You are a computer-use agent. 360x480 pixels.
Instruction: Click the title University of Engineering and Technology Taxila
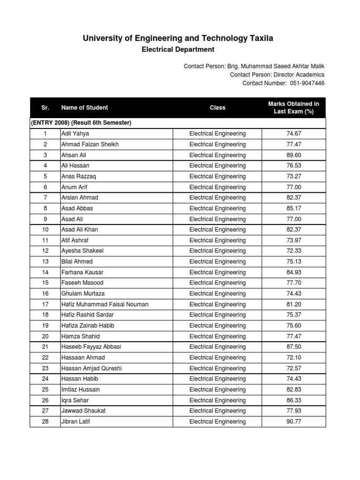178,38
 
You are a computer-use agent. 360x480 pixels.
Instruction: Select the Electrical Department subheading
178,50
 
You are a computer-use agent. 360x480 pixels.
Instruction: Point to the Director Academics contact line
277,75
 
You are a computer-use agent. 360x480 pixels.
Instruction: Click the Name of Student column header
84,108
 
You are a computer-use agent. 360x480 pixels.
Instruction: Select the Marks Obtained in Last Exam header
293,108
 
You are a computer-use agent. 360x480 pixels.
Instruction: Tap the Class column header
217,108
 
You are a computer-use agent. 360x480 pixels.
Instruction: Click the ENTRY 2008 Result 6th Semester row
81,123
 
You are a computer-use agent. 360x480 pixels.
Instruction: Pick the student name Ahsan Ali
74,155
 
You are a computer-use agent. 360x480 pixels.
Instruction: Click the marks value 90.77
293,422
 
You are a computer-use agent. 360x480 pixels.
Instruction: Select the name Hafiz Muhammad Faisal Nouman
105,304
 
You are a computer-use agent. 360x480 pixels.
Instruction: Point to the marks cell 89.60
293,155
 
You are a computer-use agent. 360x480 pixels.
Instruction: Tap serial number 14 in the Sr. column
45,272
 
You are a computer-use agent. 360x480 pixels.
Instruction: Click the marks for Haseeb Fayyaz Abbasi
293,347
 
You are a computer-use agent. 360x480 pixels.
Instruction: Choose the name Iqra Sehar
75,400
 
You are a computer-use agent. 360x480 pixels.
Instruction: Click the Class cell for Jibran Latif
217,422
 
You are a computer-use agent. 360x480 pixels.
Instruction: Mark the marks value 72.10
293,358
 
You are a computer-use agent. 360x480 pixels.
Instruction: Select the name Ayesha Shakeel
82,251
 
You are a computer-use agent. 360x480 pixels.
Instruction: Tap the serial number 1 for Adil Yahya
45,134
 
